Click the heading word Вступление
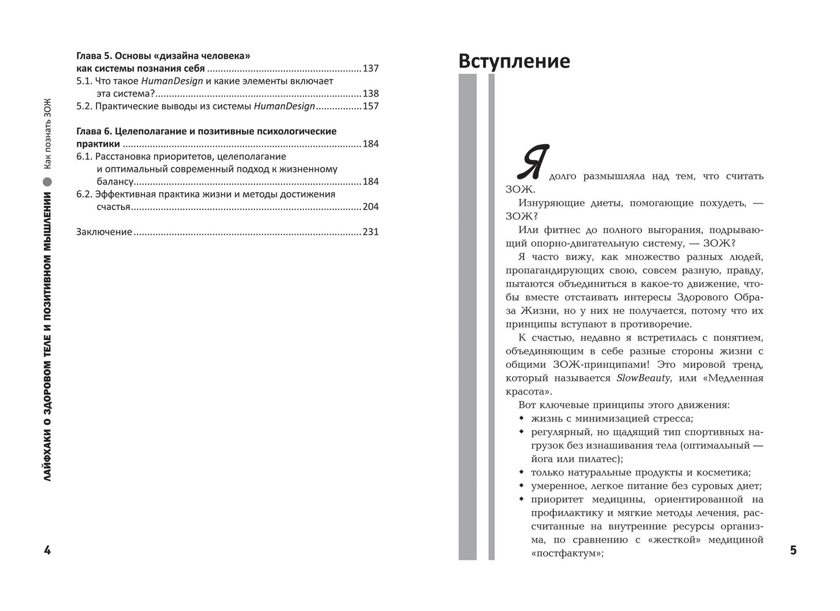point(514,61)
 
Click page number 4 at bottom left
point(48,550)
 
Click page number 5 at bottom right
point(793,550)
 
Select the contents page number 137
point(370,69)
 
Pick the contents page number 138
point(370,94)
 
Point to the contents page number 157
point(370,106)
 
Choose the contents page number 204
point(370,207)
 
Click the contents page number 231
point(370,232)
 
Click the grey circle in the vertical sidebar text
point(48,180)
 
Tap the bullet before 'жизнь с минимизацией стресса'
point(521,419)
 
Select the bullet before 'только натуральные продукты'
point(521,473)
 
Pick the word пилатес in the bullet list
point(588,459)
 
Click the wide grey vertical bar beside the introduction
point(467,317)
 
